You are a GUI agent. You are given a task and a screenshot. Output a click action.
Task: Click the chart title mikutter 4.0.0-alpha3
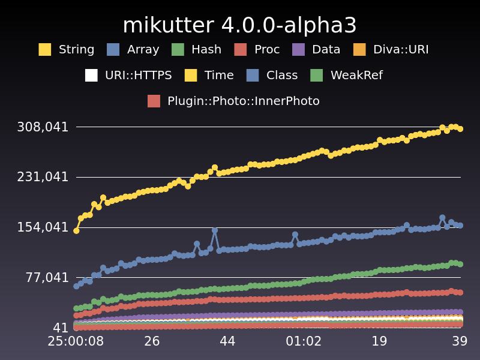(x=239, y=25)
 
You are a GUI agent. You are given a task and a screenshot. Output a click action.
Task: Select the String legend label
(x=76, y=50)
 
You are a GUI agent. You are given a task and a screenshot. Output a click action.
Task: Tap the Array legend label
(x=143, y=50)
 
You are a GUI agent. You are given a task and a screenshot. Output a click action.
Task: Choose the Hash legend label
(x=206, y=50)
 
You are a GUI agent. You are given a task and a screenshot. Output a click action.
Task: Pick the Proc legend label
(x=267, y=50)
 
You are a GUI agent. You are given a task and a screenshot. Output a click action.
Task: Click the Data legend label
(x=326, y=50)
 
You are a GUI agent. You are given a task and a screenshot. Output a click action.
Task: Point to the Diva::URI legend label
(x=401, y=50)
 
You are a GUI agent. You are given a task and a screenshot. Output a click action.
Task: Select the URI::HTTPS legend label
(x=138, y=76)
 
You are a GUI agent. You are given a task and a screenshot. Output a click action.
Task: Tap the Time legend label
(x=219, y=76)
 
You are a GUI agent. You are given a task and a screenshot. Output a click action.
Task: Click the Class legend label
(x=282, y=76)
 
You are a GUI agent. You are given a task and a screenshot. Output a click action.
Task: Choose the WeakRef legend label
(x=356, y=76)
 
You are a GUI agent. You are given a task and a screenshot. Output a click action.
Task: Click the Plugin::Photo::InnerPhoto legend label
(x=244, y=101)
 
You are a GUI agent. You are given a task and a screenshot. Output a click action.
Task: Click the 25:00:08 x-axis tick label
(x=76, y=341)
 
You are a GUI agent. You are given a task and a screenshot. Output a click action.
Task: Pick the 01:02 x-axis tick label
(x=304, y=341)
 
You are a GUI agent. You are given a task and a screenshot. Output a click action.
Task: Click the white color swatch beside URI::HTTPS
(x=91, y=76)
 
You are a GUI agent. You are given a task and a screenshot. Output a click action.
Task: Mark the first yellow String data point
(x=76, y=230)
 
